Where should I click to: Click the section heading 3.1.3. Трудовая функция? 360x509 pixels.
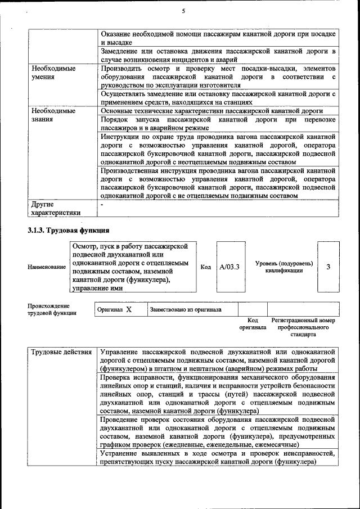click(x=69, y=231)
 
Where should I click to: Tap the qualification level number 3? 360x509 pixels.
click(x=328, y=267)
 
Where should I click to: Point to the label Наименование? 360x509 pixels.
click(x=46, y=267)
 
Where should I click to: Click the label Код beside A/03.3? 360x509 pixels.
click(x=206, y=267)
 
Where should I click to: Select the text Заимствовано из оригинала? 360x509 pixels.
click(x=185, y=309)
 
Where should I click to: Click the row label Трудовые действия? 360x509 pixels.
click(x=61, y=353)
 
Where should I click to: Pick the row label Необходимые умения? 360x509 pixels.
click(x=53, y=73)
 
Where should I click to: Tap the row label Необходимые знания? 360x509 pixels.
click(x=53, y=115)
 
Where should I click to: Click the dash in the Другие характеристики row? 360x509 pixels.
click(x=102, y=205)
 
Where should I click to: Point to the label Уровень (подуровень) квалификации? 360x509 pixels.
click(x=284, y=267)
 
